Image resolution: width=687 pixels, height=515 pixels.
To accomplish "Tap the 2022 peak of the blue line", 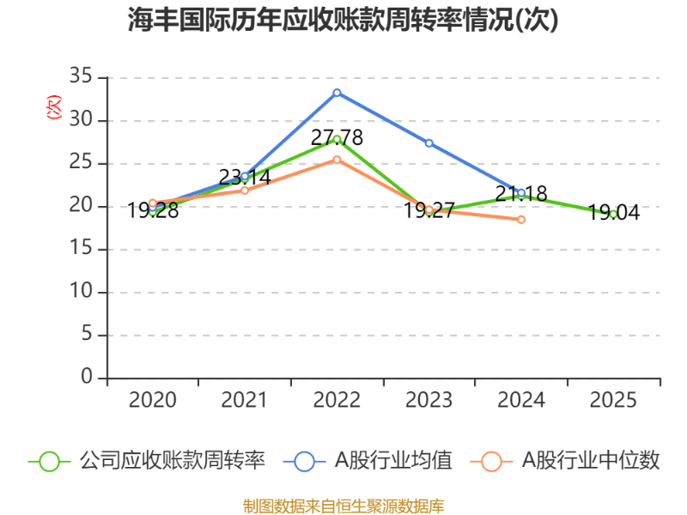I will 337,92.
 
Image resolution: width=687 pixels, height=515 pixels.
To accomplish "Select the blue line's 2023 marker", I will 429,142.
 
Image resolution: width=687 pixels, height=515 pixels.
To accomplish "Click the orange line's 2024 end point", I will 521,220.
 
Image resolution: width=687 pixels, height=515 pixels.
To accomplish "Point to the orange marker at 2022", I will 337,160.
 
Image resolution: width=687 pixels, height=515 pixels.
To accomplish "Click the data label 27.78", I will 337,137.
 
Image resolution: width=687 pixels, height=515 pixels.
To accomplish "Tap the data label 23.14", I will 244,178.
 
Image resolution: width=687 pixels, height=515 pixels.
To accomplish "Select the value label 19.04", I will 613,213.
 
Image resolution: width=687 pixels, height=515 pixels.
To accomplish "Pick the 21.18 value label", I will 521,194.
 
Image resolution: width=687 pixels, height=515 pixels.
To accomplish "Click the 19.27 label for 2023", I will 429,210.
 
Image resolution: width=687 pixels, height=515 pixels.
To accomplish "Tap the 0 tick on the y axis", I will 86,378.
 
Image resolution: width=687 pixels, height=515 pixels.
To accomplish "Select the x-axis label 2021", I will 244,401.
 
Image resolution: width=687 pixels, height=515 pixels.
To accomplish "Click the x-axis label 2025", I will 613,401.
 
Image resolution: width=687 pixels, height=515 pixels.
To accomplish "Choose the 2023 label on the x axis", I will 429,401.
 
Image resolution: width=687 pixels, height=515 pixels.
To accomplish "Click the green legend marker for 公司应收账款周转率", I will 49,461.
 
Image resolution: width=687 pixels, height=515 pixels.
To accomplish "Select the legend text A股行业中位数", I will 591,461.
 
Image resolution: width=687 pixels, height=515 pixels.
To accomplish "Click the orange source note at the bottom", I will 343,506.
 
